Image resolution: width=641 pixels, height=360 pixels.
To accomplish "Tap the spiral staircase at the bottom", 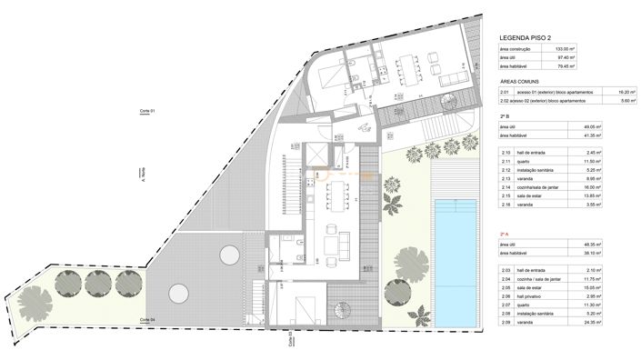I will (x=339, y=315).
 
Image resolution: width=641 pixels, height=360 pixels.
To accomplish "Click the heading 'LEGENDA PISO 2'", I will (x=528, y=37).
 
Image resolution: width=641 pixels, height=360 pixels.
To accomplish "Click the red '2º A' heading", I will (x=504, y=234).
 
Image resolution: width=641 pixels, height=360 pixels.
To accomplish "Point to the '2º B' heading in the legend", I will (x=504, y=117).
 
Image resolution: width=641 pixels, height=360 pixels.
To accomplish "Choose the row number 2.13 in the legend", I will (x=505, y=178).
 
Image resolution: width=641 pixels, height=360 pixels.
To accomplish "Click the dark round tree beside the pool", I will (x=397, y=292).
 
